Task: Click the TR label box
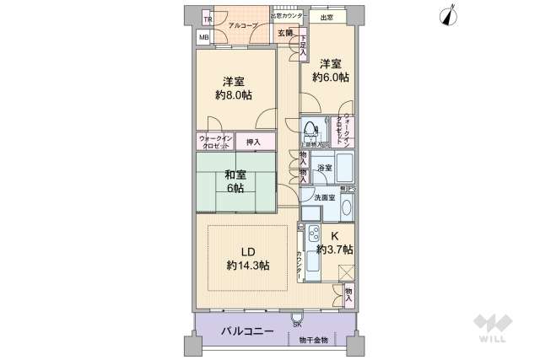click(204, 19)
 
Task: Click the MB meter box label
click(204, 37)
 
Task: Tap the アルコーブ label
click(243, 25)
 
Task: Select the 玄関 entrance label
click(285, 33)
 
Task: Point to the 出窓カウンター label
click(287, 16)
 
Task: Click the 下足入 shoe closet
click(303, 46)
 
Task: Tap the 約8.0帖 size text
click(234, 96)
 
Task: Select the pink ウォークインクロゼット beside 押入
click(215, 141)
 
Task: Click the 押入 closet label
click(254, 141)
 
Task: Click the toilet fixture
click(310, 132)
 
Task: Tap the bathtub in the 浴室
click(343, 164)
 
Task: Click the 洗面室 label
click(325, 196)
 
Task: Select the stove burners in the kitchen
click(310, 234)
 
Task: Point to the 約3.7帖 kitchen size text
click(335, 250)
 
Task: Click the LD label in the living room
click(247, 250)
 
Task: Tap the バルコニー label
click(247, 331)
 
